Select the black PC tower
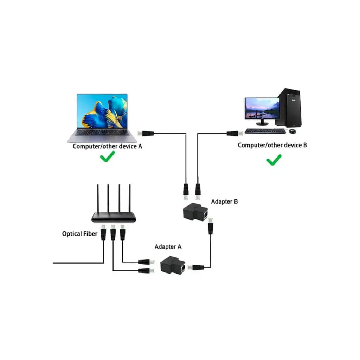coord(289,107)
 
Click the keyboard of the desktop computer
coord(265,131)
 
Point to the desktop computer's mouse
coord(292,131)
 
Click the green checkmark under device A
coord(107,157)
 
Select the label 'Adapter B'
coord(224,202)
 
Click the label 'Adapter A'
coord(168,247)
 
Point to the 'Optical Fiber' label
coord(79,233)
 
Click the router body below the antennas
coord(114,218)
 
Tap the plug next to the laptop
coord(145,133)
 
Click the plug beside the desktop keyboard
coord(233,133)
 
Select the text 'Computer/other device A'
coord(107,146)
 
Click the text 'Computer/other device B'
coord(272,145)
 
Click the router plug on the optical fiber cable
coord(103,233)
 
